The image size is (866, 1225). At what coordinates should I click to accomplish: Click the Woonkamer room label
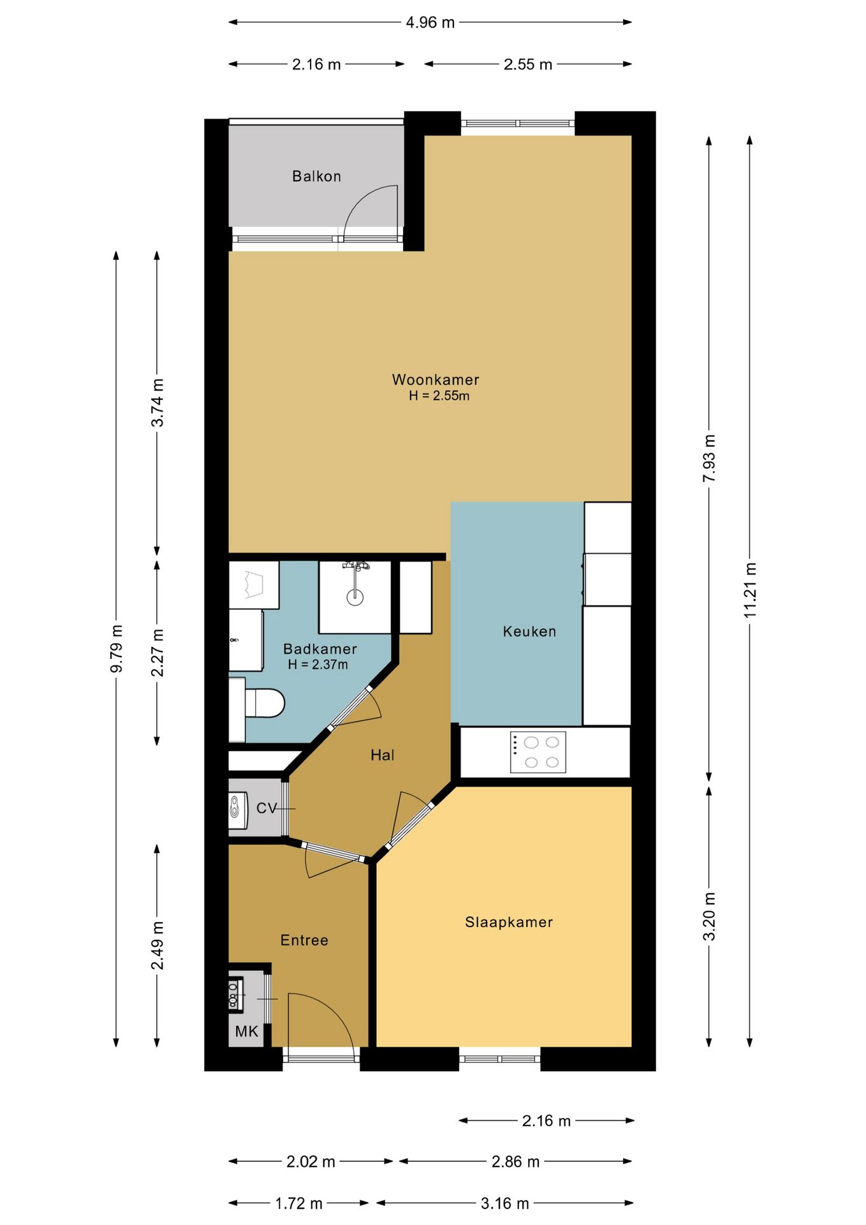point(436,380)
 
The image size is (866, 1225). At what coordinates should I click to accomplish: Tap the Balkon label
point(317,176)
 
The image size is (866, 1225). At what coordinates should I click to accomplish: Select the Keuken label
point(529,632)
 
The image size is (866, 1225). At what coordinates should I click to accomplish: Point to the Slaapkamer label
point(509,922)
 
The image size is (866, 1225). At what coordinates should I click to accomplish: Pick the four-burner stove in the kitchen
point(538,752)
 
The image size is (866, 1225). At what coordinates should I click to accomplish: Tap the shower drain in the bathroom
point(355,597)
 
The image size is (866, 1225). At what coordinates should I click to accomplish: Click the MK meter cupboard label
point(247,1032)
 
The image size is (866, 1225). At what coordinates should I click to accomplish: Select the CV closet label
point(267,808)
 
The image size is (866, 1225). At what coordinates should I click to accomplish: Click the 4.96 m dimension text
point(430,23)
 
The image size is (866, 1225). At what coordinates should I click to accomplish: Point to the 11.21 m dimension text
point(750,590)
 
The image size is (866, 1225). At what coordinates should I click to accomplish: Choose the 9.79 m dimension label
point(116,648)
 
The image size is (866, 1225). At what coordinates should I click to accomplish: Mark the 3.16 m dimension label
point(505,1203)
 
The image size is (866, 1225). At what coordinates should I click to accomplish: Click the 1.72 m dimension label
point(299,1203)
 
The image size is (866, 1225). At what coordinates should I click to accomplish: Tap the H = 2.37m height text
point(318,665)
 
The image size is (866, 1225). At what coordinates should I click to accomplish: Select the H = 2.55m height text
point(439,396)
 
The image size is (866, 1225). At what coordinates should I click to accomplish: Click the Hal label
point(383,755)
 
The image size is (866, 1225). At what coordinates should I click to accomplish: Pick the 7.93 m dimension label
point(709,459)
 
